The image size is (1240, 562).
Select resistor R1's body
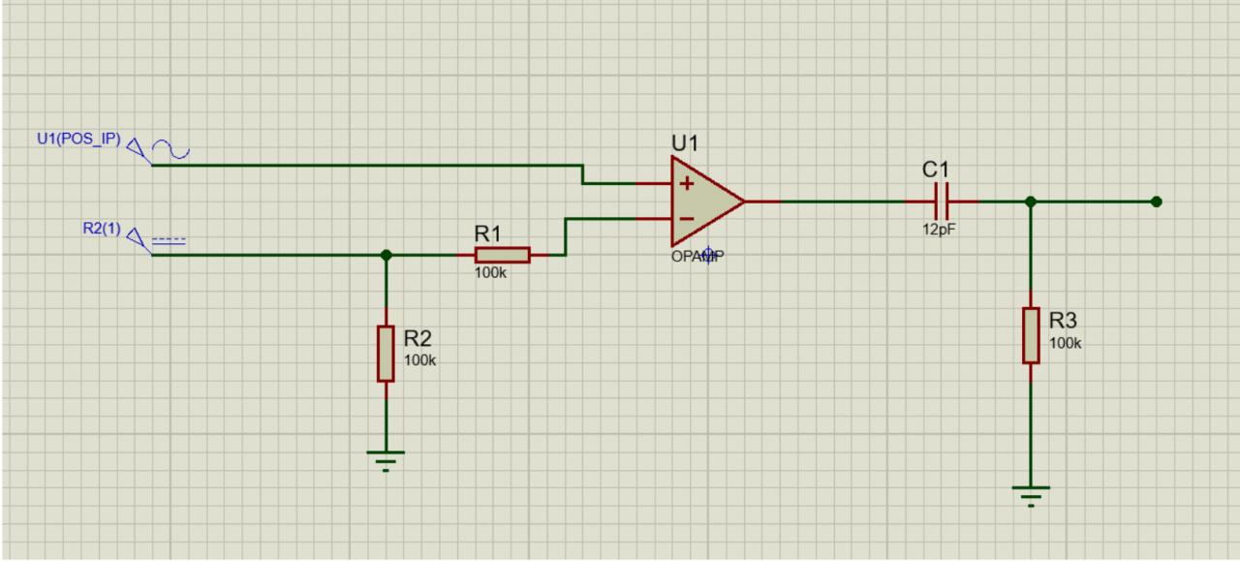[502, 255]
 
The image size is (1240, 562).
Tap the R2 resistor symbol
[386, 354]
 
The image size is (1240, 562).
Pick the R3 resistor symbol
[1031, 335]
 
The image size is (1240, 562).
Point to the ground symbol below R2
[387, 458]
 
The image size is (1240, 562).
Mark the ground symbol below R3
[1031, 494]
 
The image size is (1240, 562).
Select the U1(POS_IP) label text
[78, 139]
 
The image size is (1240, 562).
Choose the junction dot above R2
[387, 255]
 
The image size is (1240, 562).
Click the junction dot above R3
[1031, 202]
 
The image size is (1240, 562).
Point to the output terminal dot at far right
[1156, 202]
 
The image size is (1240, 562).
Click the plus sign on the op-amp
[686, 183]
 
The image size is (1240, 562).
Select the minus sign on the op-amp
[686, 219]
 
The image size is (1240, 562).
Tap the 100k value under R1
[490, 273]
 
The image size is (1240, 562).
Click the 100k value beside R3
[1066, 343]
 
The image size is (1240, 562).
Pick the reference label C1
[936, 169]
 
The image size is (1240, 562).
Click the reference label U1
[685, 142]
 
